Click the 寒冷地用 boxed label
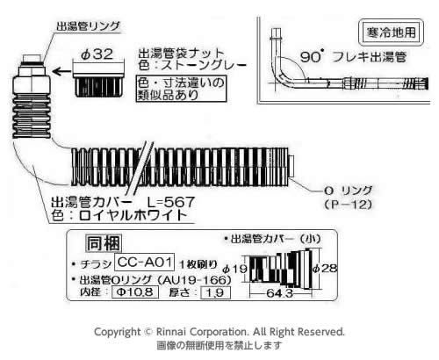tap(391, 32)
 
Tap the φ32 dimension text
tap(97, 54)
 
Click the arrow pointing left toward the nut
tap(61, 71)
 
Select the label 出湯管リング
tap(88, 26)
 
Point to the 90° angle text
tap(313, 56)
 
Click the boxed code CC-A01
tap(145, 262)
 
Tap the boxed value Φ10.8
tap(135, 292)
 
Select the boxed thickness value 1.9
tap(215, 292)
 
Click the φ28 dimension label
tap(325, 268)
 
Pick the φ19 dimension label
tap(235, 269)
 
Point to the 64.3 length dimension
tap(279, 293)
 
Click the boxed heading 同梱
tap(104, 243)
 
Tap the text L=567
tap(170, 202)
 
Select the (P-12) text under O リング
tap(348, 205)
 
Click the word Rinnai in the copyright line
tap(171, 332)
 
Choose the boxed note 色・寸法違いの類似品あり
tap(182, 89)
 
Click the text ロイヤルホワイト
tap(133, 216)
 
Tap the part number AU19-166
tap(194, 280)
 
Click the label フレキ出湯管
tap(370, 57)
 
